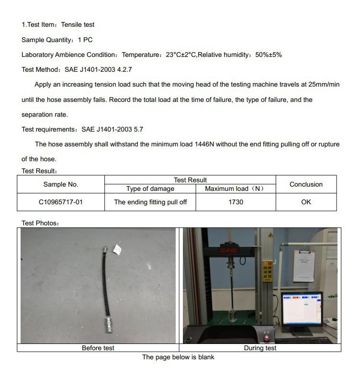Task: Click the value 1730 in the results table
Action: [236, 202]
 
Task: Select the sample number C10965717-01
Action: [61, 202]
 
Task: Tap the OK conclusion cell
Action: [306, 202]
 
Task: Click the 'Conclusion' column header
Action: [306, 184]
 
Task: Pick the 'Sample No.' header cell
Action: [61, 184]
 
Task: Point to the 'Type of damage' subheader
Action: [150, 188]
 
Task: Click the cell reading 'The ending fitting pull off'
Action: [150, 202]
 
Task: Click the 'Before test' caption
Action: [98, 348]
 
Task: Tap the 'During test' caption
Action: [260, 348]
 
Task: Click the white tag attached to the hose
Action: [116, 250]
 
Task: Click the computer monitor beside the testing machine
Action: [302, 310]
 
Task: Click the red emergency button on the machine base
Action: [267, 338]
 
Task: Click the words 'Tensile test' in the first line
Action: [78, 24]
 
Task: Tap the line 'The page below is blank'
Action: [178, 357]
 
